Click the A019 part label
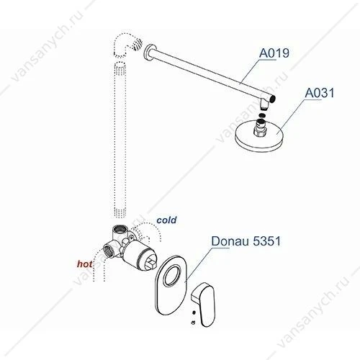pyautogui.click(x=274, y=53)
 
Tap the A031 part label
pyautogui.click(x=320, y=93)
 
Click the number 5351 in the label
pyautogui.click(x=267, y=241)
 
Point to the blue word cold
pyautogui.click(x=166, y=220)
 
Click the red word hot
pyautogui.click(x=84, y=264)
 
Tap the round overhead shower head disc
pyautogui.click(x=259, y=138)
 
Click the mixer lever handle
pyautogui.click(x=204, y=304)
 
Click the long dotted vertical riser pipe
pyautogui.click(x=120, y=140)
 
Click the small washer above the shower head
pyautogui.click(x=262, y=115)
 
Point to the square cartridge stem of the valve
pyautogui.click(x=151, y=263)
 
